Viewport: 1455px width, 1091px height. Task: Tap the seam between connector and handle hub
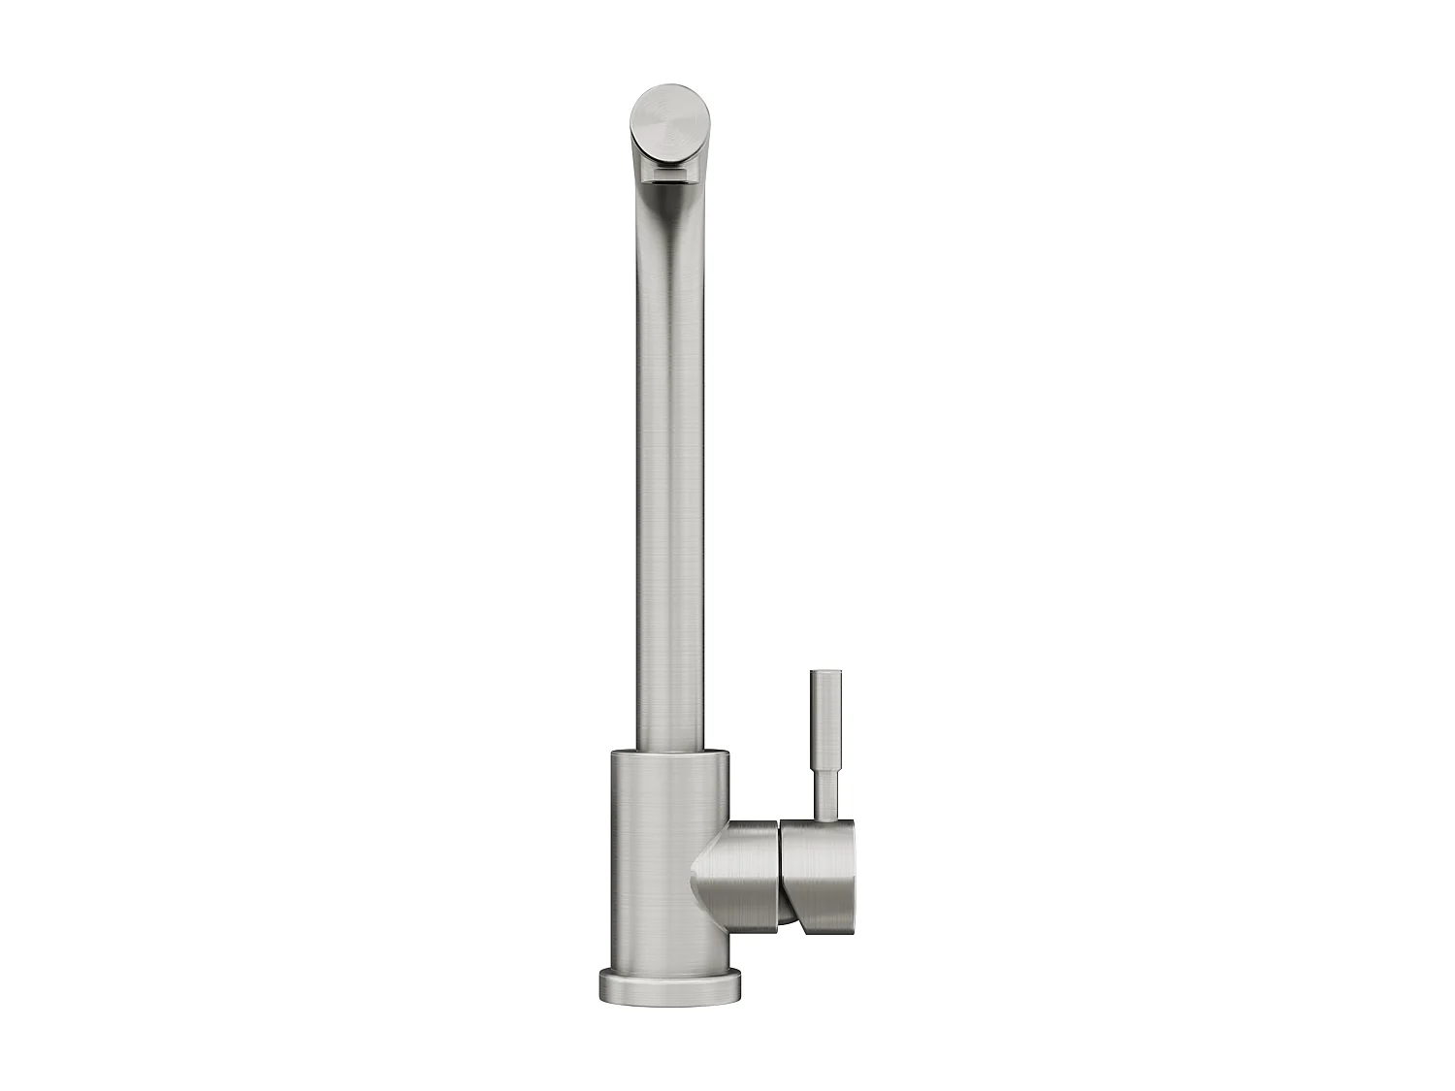(x=780, y=873)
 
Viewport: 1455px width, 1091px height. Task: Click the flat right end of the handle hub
(x=852, y=868)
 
